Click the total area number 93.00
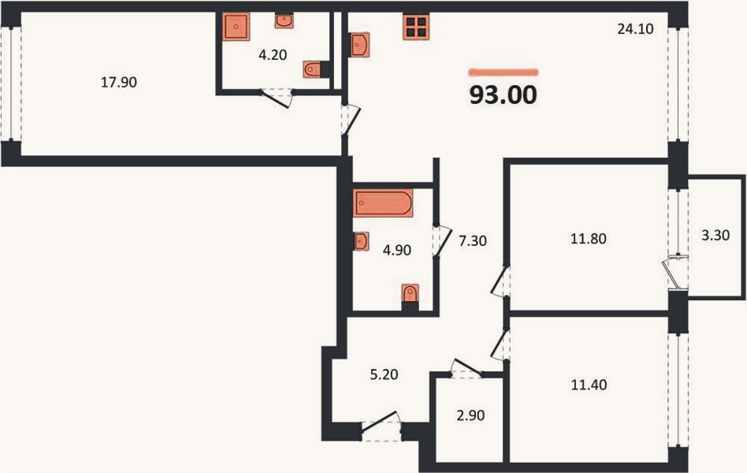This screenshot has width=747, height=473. pos(503,95)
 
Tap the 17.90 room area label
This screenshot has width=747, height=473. pos(119,83)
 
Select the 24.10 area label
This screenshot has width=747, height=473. pos(636,29)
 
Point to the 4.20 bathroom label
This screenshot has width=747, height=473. pos(273,55)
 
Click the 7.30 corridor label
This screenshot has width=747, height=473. pos(473,241)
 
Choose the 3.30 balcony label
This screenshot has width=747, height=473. pos(715,235)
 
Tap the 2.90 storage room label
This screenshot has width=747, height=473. pos(470,415)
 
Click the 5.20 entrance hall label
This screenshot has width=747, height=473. pos(384,374)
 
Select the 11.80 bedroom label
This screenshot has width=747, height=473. pos(589,238)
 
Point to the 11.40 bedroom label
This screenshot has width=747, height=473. pos(589,385)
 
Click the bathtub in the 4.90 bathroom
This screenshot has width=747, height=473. pos(383,203)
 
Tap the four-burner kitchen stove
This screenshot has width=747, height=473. pos(416,27)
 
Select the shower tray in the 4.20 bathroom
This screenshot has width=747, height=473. pos(236,27)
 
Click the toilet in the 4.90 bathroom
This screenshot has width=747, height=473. pos(410,294)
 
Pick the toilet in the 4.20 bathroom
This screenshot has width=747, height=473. pos(313,69)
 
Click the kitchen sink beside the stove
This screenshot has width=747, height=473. pos(359,45)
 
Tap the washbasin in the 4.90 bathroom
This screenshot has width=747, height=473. pos(361,241)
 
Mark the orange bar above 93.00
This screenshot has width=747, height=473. pos(504,73)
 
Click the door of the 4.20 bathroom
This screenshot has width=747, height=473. pos(276,99)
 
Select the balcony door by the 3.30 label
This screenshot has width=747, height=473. pos(675,273)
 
